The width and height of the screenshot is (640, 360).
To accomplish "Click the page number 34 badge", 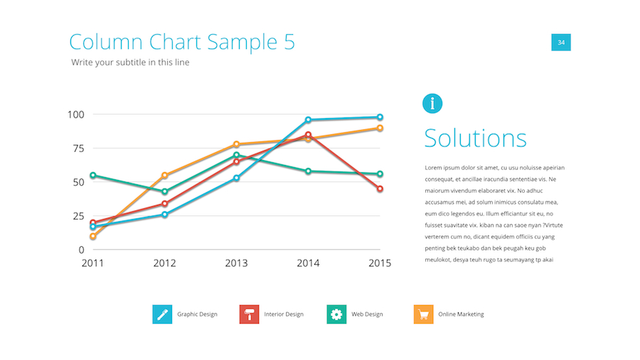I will tap(561, 43).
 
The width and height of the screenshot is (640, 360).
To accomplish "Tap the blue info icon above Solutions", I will tap(432, 103).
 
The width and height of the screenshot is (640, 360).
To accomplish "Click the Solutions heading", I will tap(475, 138).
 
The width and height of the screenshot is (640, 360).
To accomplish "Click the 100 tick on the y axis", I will tap(76, 115).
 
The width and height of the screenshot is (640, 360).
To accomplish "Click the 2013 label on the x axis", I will tap(236, 263).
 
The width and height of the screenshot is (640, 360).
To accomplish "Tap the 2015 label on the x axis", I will tap(380, 263).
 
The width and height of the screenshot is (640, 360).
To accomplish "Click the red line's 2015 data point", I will tap(380, 189).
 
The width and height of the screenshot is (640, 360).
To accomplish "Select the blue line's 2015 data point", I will tap(380, 117).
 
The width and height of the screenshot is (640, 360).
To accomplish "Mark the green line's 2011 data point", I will tap(92, 175).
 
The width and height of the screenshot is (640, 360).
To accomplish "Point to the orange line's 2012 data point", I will tap(164, 175).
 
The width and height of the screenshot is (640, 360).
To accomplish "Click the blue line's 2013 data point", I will tap(236, 178).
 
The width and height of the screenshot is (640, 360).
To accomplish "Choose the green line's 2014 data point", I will tap(308, 171).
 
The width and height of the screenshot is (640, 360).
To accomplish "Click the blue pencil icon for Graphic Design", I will tap(162, 314).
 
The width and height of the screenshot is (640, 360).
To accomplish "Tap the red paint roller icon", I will tap(249, 314).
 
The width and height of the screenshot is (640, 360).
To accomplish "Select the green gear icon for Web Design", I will tap(336, 314).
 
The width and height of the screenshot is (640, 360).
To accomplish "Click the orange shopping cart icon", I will tap(423, 314).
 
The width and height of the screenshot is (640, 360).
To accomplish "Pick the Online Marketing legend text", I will tap(461, 314).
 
